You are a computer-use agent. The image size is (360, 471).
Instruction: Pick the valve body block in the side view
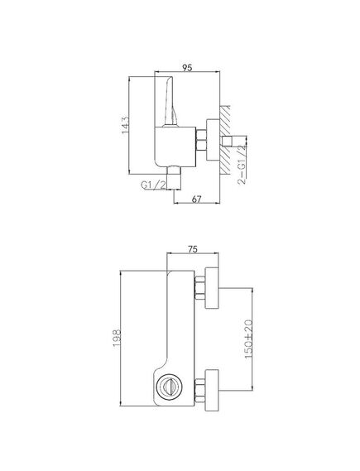(x=174, y=145)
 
